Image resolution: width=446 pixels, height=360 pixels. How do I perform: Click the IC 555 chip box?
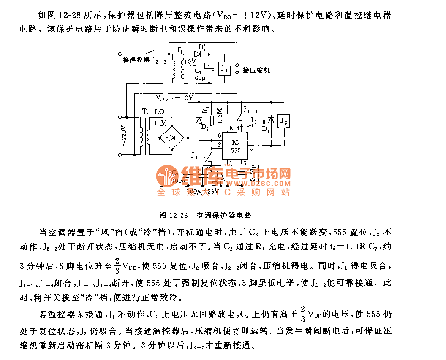pyautogui.click(x=235, y=146)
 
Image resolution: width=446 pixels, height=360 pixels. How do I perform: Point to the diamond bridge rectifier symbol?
pyautogui.click(x=171, y=138)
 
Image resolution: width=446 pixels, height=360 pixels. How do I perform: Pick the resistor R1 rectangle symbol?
pyautogui.click(x=212, y=121)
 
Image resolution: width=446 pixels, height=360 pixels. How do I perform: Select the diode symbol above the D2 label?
pyautogui.click(x=199, y=120)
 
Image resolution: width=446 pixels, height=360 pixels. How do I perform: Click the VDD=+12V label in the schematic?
pyautogui.click(x=174, y=97)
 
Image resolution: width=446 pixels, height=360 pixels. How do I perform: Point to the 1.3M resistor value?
pyautogui.click(x=219, y=116)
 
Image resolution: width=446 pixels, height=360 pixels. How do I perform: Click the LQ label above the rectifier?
pyautogui.click(x=160, y=112)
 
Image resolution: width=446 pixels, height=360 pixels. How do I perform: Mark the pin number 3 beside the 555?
pyautogui.click(x=251, y=150)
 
